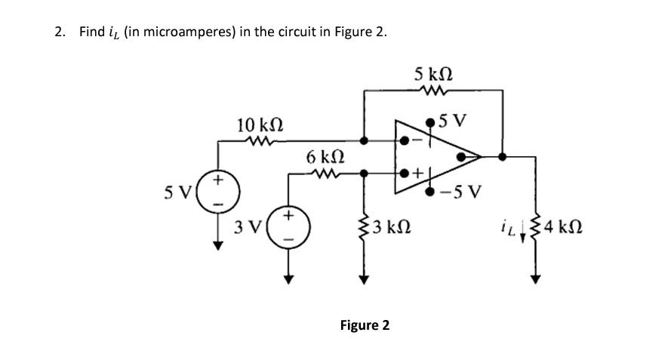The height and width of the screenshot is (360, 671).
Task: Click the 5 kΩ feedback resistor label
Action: (433, 75)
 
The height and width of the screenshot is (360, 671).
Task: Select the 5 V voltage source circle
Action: (220, 192)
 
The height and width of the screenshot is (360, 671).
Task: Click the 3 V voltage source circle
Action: (288, 227)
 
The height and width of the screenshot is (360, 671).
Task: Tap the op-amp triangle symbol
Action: (435, 156)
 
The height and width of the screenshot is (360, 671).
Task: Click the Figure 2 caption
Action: (365, 325)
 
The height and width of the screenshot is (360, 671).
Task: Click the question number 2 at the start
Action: (60, 32)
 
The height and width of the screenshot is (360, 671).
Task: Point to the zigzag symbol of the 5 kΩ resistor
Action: (434, 93)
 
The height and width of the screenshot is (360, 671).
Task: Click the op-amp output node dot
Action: (503, 157)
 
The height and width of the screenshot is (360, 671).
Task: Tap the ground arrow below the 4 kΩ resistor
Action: (536, 278)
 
